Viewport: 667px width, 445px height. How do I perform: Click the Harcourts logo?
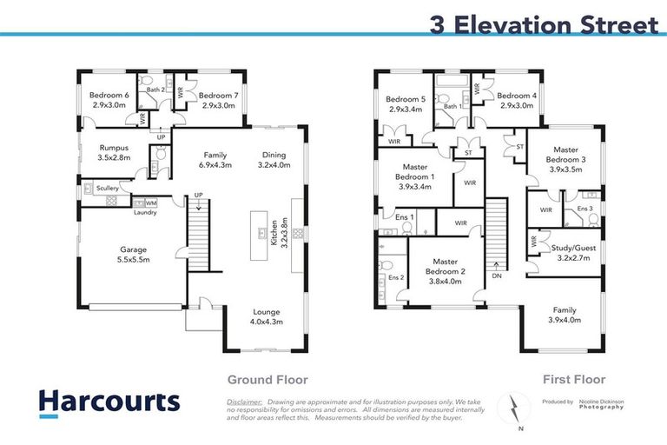point(109,402)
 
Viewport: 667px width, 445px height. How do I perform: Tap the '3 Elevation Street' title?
point(544,24)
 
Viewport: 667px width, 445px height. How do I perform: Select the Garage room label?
point(134,254)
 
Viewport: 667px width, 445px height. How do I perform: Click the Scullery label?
point(108,187)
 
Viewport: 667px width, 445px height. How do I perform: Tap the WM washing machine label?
point(151,203)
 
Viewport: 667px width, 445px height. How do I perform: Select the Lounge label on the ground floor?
point(267,316)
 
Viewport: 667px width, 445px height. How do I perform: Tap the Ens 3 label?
point(584,209)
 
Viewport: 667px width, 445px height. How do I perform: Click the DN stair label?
point(496,276)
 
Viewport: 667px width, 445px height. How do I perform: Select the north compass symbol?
point(513,408)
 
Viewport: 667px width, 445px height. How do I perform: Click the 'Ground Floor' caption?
point(267,380)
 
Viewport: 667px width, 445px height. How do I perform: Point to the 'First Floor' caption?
point(574,380)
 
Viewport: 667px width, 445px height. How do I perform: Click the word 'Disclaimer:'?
point(244,402)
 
